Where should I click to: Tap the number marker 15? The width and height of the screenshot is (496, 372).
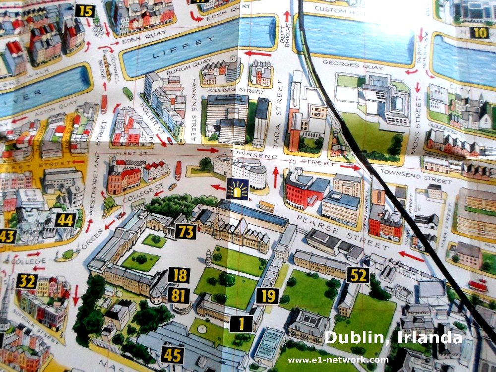point(85,11)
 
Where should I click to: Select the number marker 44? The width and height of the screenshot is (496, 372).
point(65,220)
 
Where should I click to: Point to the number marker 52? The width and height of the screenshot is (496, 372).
point(358,275)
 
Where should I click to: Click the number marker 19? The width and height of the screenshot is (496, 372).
point(267,296)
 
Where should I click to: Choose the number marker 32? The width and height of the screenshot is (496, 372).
point(27,281)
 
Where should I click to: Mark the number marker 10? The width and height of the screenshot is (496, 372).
point(479,33)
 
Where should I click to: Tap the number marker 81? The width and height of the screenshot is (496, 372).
point(178,295)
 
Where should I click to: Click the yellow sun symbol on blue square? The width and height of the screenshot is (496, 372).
point(238,189)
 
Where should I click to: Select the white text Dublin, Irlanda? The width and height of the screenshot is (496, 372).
point(393,337)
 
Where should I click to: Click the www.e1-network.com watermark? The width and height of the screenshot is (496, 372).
point(338,360)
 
